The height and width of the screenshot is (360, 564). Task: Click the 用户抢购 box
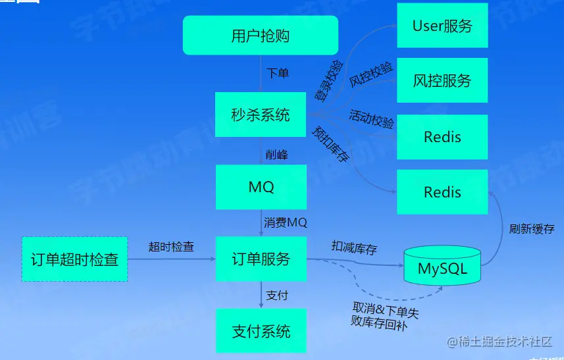pos(260,35)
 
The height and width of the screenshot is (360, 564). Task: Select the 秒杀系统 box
pos(260,115)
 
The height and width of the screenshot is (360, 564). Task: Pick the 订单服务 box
pos(260,259)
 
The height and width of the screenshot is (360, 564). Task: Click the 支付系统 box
pos(260,330)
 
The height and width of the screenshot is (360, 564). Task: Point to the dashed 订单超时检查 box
pos(74,259)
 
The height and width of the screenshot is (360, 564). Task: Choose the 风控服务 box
pos(442,80)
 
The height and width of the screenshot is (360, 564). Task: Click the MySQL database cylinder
pos(442,267)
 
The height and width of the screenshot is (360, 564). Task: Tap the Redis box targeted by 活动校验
pos(442,137)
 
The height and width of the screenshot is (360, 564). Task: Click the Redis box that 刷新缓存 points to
pos(442,192)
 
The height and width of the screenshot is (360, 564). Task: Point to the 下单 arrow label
pos(277,73)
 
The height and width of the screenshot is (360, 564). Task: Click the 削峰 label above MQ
pos(276,154)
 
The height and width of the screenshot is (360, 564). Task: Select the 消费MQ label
pos(286,222)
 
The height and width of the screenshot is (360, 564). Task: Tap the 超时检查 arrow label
pos(171,247)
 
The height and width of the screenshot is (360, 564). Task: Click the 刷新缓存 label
pos(532,229)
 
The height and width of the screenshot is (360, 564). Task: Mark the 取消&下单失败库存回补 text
pos(385,315)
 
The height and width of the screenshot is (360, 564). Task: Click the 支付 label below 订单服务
pos(277,296)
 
